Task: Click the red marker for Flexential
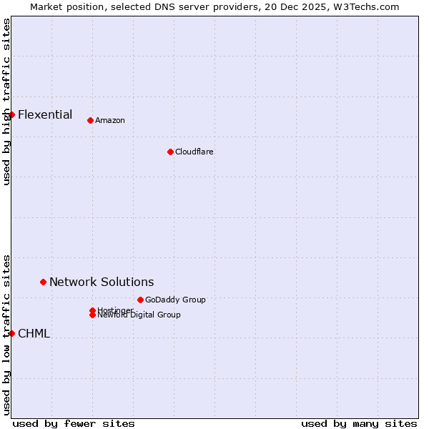click(11, 114)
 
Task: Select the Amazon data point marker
click(90, 120)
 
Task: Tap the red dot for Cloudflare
click(170, 152)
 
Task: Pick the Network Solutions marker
click(43, 282)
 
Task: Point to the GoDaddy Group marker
click(140, 300)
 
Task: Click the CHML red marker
click(11, 333)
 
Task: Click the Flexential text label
click(45, 114)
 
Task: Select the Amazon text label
click(110, 120)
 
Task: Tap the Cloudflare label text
click(194, 152)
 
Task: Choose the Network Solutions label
click(102, 282)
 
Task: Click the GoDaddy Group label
click(175, 300)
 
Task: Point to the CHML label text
click(34, 333)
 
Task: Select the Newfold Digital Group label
click(139, 315)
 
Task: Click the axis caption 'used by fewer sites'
click(74, 423)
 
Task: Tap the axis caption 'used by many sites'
click(359, 423)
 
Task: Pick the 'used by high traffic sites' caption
click(6, 102)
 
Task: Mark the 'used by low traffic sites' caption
click(6, 334)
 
